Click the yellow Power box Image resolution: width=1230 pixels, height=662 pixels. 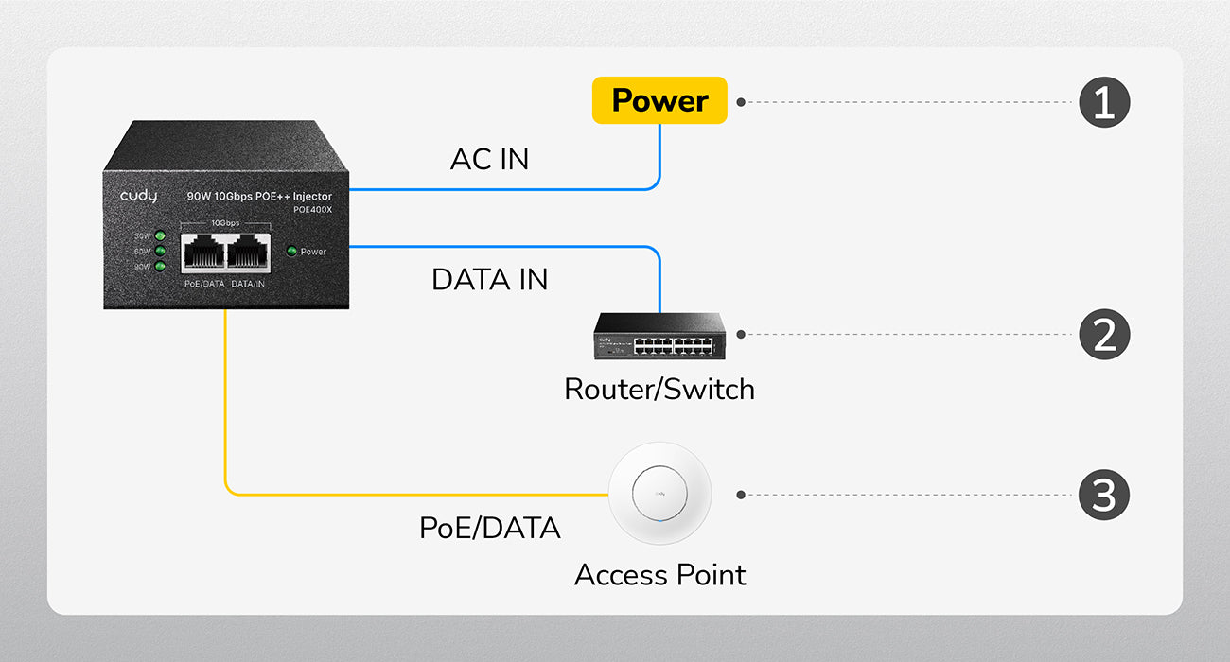(x=659, y=100)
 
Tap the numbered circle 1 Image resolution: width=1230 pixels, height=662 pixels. (x=1104, y=101)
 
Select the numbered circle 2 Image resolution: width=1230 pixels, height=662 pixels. (x=1104, y=335)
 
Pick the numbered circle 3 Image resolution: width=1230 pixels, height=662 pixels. (x=1104, y=495)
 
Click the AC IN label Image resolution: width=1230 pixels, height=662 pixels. (x=489, y=159)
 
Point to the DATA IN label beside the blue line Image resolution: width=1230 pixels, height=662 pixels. (x=489, y=280)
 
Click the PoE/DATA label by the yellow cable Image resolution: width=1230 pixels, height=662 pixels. (x=489, y=528)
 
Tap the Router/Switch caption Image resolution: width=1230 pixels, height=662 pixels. (x=659, y=389)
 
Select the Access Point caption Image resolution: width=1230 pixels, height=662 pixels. (x=659, y=574)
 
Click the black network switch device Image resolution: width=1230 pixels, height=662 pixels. (x=659, y=335)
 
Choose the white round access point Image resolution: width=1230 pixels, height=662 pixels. (x=659, y=495)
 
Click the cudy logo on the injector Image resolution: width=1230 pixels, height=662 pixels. (x=138, y=196)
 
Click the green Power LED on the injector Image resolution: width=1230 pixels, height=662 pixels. (x=292, y=252)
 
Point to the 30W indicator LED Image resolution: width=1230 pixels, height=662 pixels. (x=160, y=235)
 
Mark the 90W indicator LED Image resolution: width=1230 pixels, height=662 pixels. (x=160, y=266)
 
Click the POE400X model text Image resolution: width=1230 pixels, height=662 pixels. (x=312, y=210)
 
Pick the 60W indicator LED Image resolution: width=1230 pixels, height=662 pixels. (x=160, y=251)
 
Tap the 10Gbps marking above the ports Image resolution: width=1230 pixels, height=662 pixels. (x=225, y=223)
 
